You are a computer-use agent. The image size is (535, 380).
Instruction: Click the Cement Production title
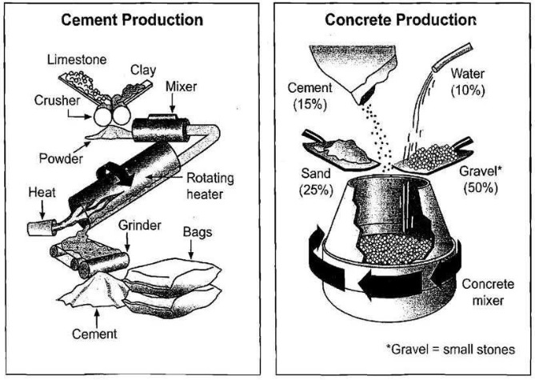pyautogui.click(x=133, y=19)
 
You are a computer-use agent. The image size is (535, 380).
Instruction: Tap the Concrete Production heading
pyautogui.click(x=401, y=20)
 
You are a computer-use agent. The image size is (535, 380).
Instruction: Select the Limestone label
pyautogui.click(x=77, y=60)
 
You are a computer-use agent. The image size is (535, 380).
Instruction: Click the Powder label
pyautogui.click(x=60, y=158)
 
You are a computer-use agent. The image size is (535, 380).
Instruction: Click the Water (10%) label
pyautogui.click(x=467, y=82)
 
